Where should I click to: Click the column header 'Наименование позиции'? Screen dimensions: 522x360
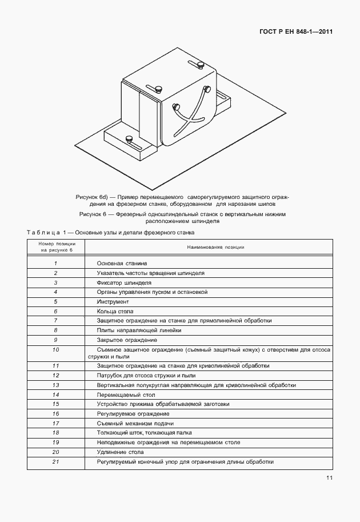(x=215, y=247)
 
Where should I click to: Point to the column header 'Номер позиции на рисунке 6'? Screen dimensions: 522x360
(x=56, y=247)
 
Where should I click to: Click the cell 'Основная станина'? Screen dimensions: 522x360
(x=122, y=263)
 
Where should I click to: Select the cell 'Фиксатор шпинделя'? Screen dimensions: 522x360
(x=124, y=282)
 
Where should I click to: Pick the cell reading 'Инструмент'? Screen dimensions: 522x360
(x=113, y=301)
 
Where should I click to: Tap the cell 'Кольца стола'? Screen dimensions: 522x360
(x=115, y=311)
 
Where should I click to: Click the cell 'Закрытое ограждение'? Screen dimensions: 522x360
(x=126, y=340)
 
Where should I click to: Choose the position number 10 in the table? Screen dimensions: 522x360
(x=56, y=349)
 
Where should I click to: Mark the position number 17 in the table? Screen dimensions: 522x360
(x=56, y=423)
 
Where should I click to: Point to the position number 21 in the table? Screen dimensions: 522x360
(x=56, y=461)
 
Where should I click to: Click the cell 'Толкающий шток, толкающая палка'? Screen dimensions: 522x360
(x=144, y=433)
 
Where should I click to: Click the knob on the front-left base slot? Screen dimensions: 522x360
(x=130, y=138)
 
